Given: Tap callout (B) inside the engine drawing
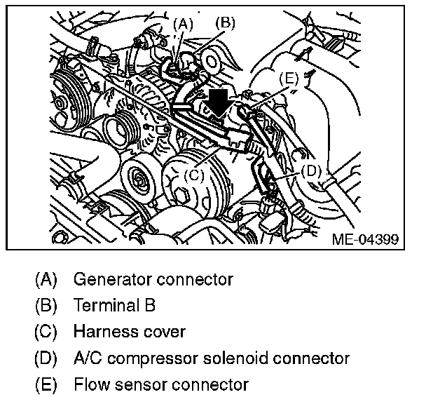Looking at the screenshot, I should point(225,22).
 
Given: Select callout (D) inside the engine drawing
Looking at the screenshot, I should point(311,170).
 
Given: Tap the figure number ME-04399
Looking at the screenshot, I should point(364,239).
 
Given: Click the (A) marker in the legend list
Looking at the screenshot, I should point(46,279).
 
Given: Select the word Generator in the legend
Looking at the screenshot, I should point(106,279).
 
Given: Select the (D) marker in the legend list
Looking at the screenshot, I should point(46,358).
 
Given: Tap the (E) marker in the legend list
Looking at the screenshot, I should point(46,384).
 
